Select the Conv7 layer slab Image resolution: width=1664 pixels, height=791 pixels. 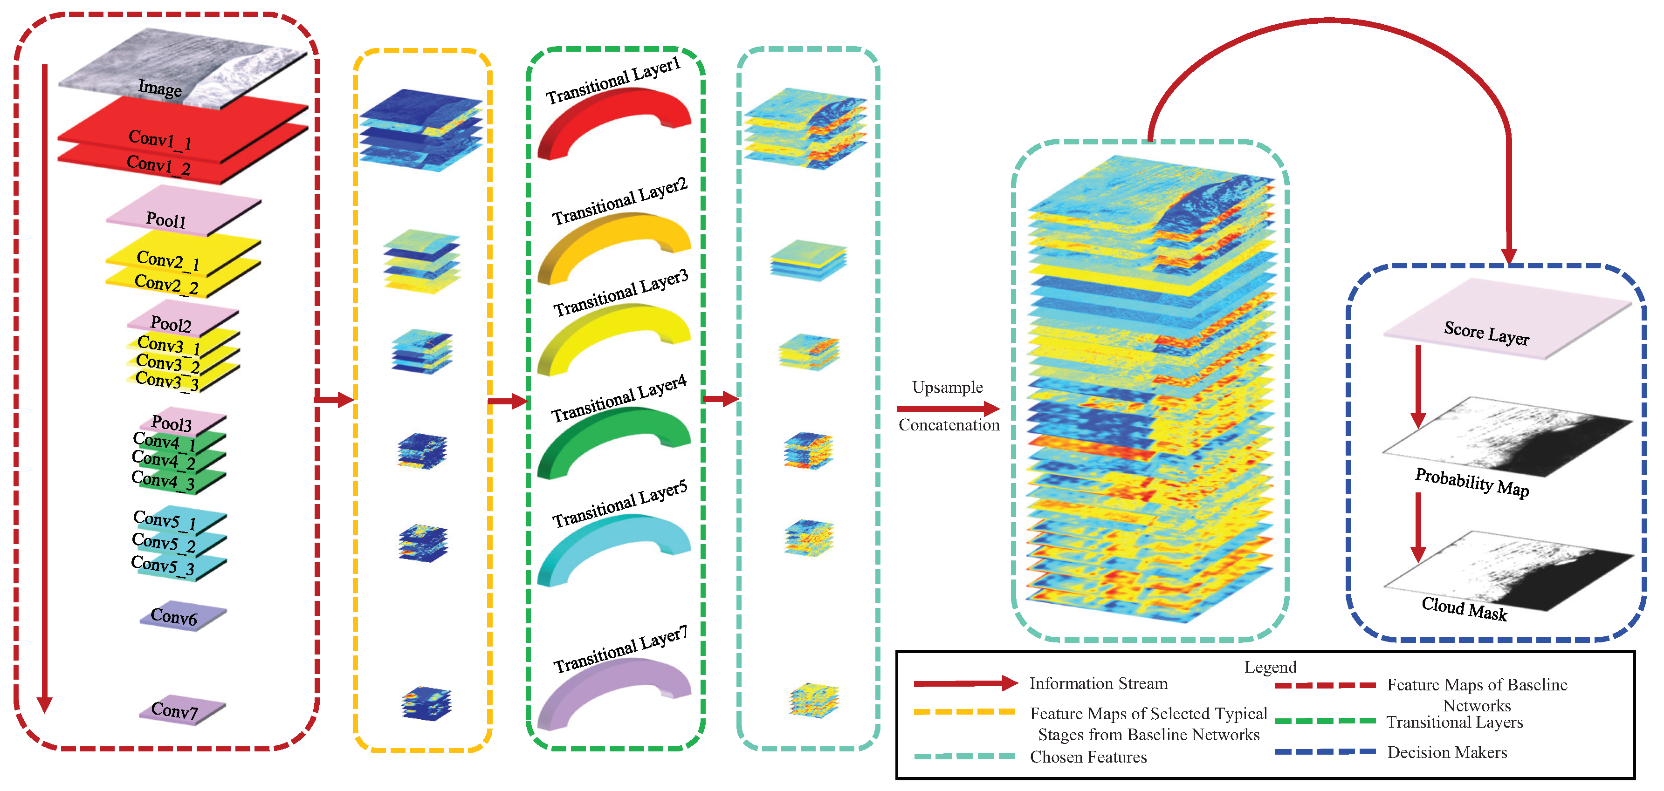tap(182, 710)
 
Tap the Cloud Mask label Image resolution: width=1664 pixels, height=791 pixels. tap(1464, 608)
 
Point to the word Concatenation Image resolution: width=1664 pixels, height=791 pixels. tap(948, 425)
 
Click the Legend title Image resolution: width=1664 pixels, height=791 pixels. tap(1270, 667)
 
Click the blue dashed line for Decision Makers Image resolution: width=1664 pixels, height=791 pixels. tap(1325, 751)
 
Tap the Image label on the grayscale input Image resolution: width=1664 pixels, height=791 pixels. tap(159, 87)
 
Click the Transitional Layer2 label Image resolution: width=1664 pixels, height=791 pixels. tap(619, 201)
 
